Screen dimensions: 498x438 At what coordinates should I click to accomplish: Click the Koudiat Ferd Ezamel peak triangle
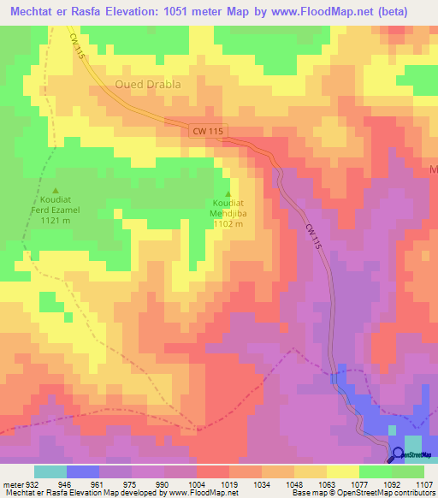point(56,190)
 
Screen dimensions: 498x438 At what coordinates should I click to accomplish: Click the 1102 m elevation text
point(228,224)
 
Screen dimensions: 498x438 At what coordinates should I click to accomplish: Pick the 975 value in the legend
point(133,483)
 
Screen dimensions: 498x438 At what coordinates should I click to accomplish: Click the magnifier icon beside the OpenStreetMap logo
point(399,454)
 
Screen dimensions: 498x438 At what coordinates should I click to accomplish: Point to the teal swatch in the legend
point(50,471)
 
